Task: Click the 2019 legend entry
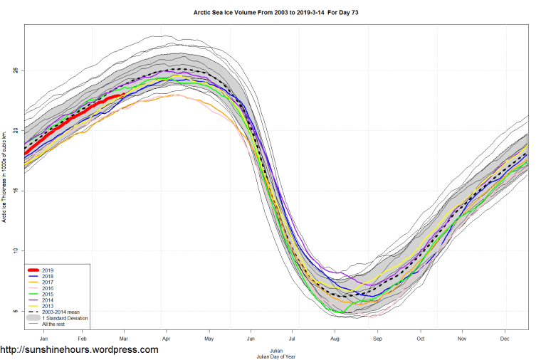coord(48,270)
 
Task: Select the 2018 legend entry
coord(48,277)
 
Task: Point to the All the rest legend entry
coord(53,324)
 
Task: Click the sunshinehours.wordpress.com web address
coord(79,350)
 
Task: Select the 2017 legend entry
coord(48,283)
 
